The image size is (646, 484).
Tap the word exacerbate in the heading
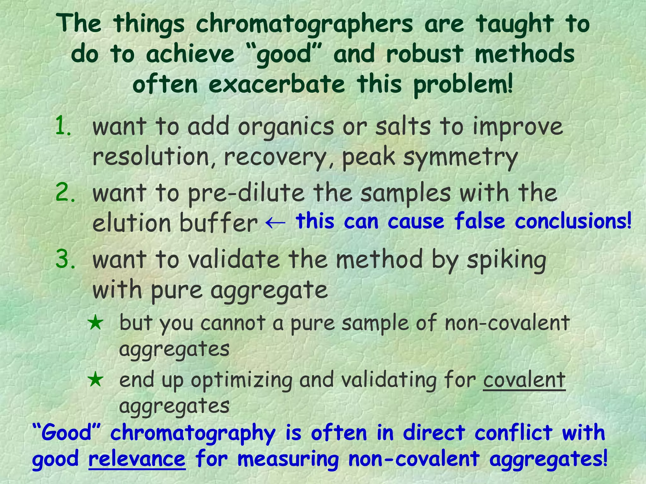tap(277, 85)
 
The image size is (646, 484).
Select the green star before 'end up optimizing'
tap(96, 380)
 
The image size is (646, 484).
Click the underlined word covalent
tap(524, 380)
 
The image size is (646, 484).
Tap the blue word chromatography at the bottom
tap(193, 434)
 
